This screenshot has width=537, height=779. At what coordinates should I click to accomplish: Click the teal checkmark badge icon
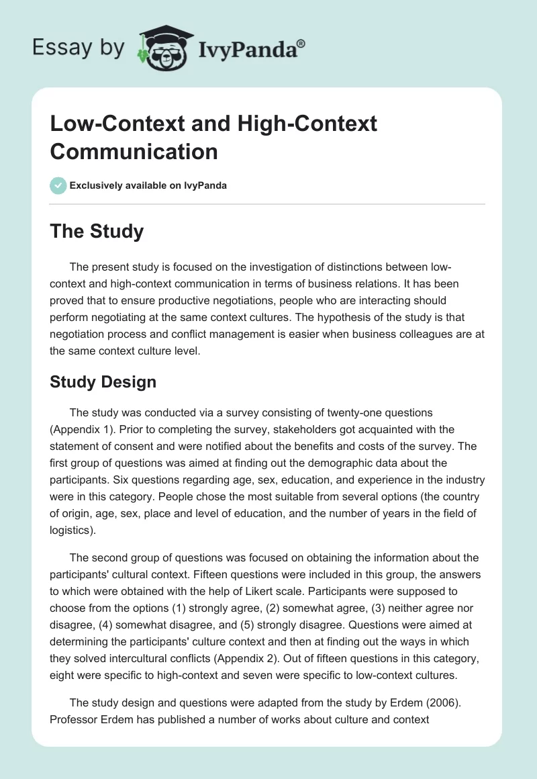point(58,185)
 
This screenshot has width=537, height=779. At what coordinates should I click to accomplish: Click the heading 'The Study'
point(97,231)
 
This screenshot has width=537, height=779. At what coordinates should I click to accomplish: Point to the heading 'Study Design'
point(103,382)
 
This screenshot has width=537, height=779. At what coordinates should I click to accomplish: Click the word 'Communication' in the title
point(134,151)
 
